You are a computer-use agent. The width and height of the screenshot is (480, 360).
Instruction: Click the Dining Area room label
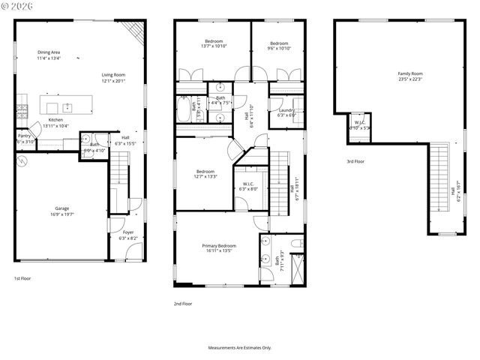tap(49, 54)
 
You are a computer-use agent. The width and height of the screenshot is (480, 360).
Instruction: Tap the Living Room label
tap(115, 77)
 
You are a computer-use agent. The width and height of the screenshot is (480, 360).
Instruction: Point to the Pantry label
tap(24, 138)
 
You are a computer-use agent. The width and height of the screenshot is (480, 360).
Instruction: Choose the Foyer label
tap(128, 235)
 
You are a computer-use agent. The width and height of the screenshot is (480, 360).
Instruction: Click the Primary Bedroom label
tap(219, 248)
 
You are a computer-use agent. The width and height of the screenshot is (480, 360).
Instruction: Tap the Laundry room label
tap(286, 112)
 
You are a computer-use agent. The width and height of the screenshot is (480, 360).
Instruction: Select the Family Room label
tap(409, 76)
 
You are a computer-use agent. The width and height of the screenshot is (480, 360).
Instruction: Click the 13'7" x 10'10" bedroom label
tap(214, 43)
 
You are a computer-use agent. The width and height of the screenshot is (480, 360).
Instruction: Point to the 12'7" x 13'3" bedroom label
tap(205, 173)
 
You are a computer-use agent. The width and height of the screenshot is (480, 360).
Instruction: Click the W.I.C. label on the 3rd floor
tap(360, 124)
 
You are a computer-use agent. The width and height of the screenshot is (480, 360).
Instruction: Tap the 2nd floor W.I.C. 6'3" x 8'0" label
tap(247, 186)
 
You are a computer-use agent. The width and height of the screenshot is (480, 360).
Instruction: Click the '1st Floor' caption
tap(22, 278)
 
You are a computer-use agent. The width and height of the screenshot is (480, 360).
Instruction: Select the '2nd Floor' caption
tap(183, 304)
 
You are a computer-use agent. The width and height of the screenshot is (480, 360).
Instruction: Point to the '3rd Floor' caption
tap(355, 161)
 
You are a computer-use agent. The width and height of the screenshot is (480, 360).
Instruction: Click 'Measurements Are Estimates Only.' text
tap(240, 348)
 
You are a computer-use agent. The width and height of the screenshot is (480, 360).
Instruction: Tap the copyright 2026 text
tap(18, 6)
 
